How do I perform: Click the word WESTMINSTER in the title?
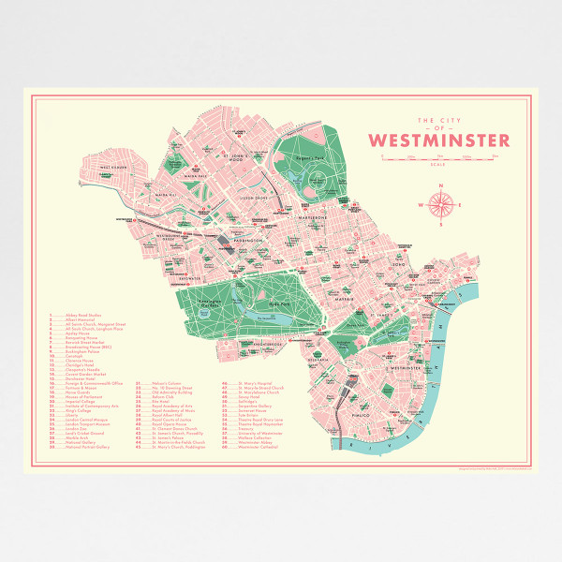tap(439, 141)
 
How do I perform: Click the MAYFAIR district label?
tap(348, 301)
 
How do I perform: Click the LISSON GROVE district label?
tap(255, 200)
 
